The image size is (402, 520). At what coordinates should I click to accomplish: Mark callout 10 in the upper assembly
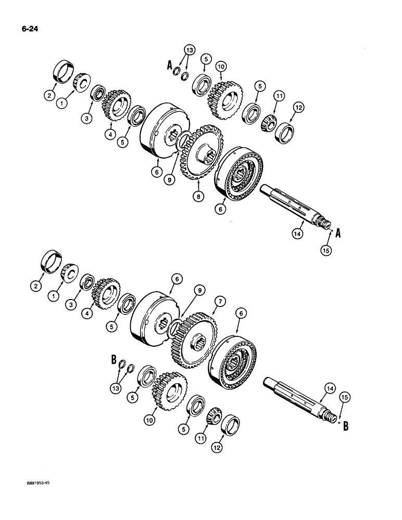click(221, 67)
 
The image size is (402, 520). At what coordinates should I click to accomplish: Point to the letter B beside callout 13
click(113, 359)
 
